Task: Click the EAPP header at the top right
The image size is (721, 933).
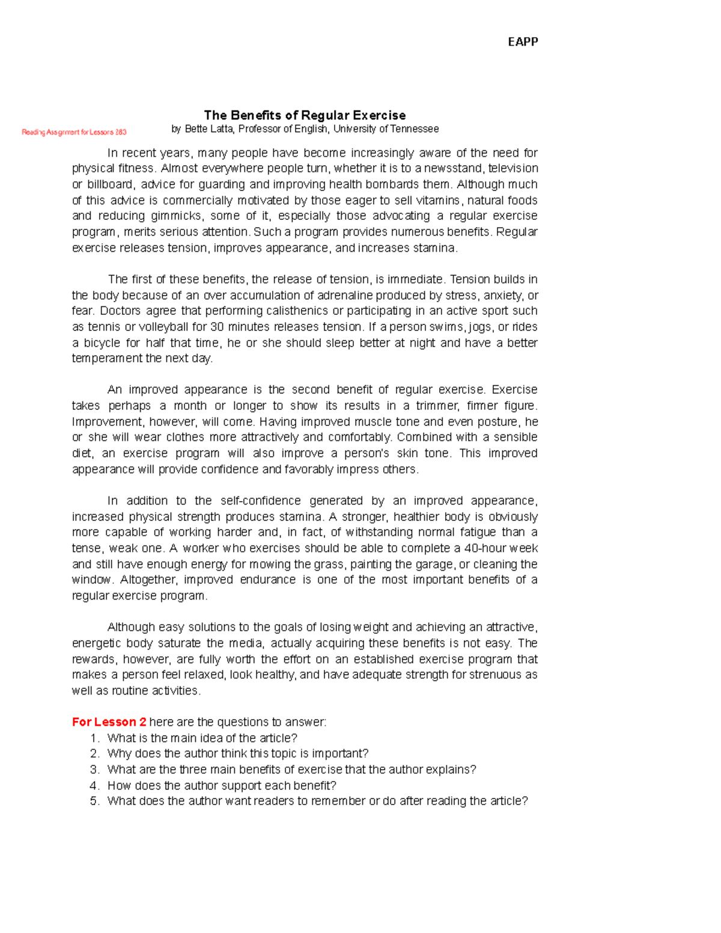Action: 523,41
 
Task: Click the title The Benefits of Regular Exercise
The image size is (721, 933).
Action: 305,115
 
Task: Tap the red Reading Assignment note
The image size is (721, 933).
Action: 74,132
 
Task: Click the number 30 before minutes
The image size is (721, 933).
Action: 216,327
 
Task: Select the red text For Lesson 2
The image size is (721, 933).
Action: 109,722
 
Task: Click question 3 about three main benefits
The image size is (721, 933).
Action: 291,770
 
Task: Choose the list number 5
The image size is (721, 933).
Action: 94,801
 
